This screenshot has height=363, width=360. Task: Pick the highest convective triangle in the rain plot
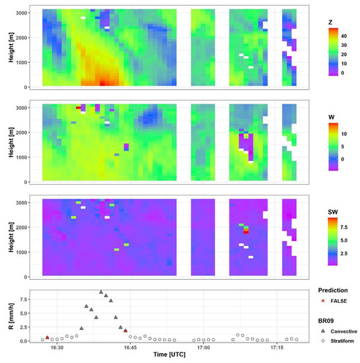(101, 292)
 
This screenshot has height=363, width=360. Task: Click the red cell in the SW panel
(246, 232)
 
